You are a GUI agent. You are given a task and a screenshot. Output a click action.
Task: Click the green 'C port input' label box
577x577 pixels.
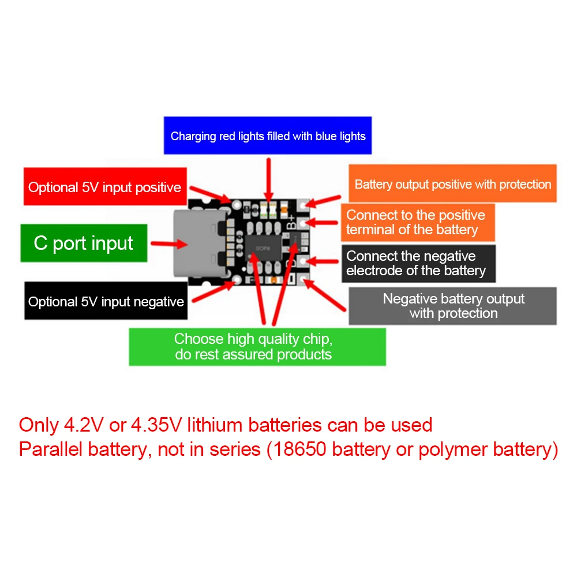[84, 243]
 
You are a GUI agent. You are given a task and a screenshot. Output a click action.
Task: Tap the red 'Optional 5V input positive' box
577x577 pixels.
[105, 186]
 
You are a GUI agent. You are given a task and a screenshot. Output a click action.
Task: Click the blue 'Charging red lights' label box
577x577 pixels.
[268, 136]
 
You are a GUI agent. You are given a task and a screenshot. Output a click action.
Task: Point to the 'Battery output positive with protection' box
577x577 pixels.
[453, 183]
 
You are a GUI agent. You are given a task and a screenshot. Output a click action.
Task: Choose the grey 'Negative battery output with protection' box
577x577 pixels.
[453, 306]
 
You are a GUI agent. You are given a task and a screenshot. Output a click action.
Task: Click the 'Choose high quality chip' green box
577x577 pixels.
[257, 346]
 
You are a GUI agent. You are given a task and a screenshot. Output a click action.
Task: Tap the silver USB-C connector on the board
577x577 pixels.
[196, 243]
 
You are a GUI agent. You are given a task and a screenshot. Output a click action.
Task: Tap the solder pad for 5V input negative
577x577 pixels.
[237, 281]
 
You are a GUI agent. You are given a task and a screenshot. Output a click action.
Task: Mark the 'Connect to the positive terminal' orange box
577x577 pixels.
[417, 222]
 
